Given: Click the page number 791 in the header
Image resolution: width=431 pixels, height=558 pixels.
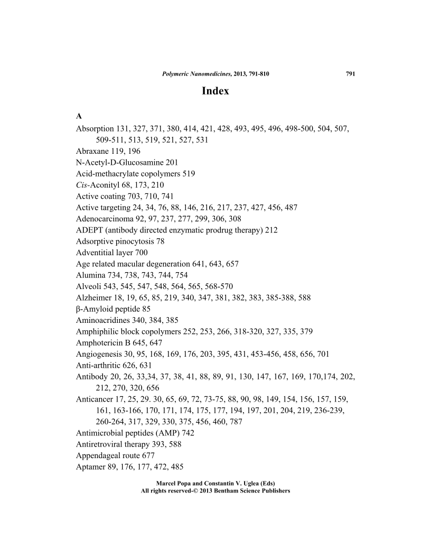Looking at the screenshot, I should (350, 74).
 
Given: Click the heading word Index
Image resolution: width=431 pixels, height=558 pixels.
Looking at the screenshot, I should (215, 91).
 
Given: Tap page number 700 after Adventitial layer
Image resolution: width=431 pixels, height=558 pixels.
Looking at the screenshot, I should (141, 253).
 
